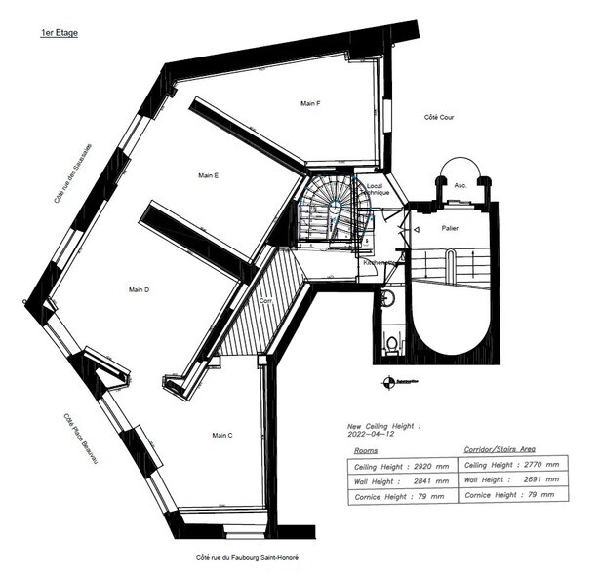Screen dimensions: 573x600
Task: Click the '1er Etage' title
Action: click(59, 33)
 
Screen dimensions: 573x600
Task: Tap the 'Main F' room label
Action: click(310, 103)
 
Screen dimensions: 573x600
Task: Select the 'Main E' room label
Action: click(208, 175)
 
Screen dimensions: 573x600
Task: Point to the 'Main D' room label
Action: click(138, 289)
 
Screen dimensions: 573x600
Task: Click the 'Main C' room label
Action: click(222, 435)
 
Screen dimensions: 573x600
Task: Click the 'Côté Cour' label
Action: click(439, 118)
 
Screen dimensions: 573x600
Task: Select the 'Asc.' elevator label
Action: click(460, 184)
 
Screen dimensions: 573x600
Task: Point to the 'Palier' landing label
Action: click(451, 228)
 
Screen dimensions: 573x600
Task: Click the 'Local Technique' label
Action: click(377, 189)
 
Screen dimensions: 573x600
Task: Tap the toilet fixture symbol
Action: click(392, 342)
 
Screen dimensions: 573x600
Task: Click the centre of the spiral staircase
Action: click(336, 208)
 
